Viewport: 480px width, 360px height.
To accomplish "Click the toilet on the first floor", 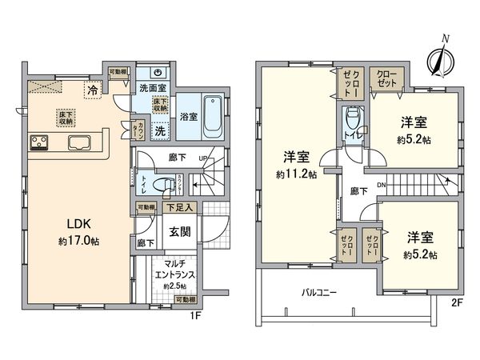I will click(x=163, y=184).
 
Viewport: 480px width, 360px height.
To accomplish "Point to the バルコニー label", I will click(x=318, y=293).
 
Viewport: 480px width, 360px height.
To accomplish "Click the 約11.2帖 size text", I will click(x=296, y=174).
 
